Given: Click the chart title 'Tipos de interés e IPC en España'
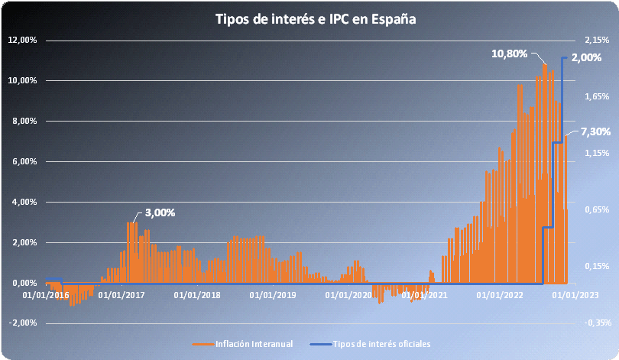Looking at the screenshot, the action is (316, 19).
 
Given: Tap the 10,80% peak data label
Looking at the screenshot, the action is (509, 54).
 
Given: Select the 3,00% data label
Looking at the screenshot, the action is (160, 212).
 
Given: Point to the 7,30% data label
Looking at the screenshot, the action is (595, 131).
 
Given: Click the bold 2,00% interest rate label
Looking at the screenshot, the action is (586, 57).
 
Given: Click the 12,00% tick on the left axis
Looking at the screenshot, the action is (22, 40).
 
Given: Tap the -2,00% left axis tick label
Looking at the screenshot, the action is (22, 323).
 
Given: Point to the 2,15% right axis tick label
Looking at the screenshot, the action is (597, 40).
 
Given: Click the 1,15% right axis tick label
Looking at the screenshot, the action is (597, 153).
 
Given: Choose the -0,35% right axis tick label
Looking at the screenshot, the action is (598, 323).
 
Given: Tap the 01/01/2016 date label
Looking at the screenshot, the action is (46, 295).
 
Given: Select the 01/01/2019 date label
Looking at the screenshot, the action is (273, 295).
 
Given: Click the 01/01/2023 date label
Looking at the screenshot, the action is (575, 295).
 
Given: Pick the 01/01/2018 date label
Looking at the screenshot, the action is (197, 295).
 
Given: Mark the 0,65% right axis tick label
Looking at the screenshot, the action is (597, 209).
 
